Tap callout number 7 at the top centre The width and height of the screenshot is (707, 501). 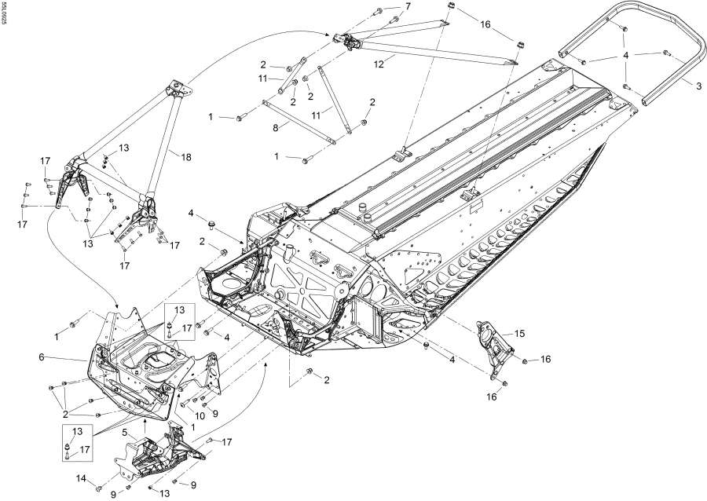(x=407, y=6)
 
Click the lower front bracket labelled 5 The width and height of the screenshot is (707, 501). (x=157, y=455)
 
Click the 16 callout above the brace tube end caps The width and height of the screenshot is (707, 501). (x=485, y=24)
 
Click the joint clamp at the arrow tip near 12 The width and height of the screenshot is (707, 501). (x=346, y=38)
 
